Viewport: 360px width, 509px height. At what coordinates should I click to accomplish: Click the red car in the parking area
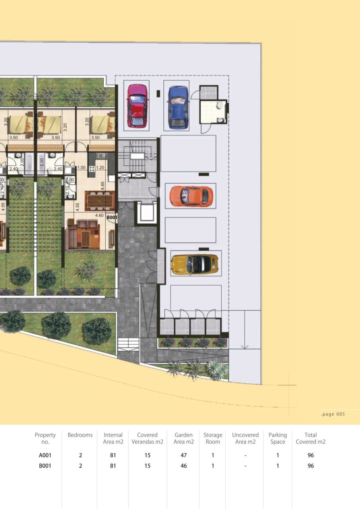click(136, 105)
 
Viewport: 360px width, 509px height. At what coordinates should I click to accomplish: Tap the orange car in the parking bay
click(191, 196)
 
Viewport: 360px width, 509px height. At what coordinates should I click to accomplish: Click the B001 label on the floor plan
click(112, 218)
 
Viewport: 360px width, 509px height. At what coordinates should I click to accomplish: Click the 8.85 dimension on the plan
click(103, 186)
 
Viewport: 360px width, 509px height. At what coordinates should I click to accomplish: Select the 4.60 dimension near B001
click(99, 216)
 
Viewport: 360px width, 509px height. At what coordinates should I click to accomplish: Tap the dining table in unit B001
click(100, 200)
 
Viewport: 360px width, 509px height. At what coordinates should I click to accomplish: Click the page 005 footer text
click(333, 414)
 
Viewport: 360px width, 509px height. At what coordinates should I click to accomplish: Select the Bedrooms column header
click(80, 435)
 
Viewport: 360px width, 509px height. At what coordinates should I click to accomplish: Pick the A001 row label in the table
click(45, 455)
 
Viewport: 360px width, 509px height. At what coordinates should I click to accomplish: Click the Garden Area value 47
click(184, 455)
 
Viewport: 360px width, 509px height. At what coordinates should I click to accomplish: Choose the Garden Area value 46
click(184, 466)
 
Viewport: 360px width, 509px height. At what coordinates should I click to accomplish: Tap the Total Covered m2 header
click(311, 438)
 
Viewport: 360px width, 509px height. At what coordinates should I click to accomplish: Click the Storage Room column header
click(213, 438)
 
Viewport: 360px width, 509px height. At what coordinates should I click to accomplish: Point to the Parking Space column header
click(277, 438)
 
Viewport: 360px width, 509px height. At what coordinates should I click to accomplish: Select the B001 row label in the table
click(45, 466)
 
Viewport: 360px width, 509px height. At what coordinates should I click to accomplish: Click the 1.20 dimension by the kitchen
click(100, 168)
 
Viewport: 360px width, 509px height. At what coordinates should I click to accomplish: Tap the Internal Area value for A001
click(113, 455)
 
